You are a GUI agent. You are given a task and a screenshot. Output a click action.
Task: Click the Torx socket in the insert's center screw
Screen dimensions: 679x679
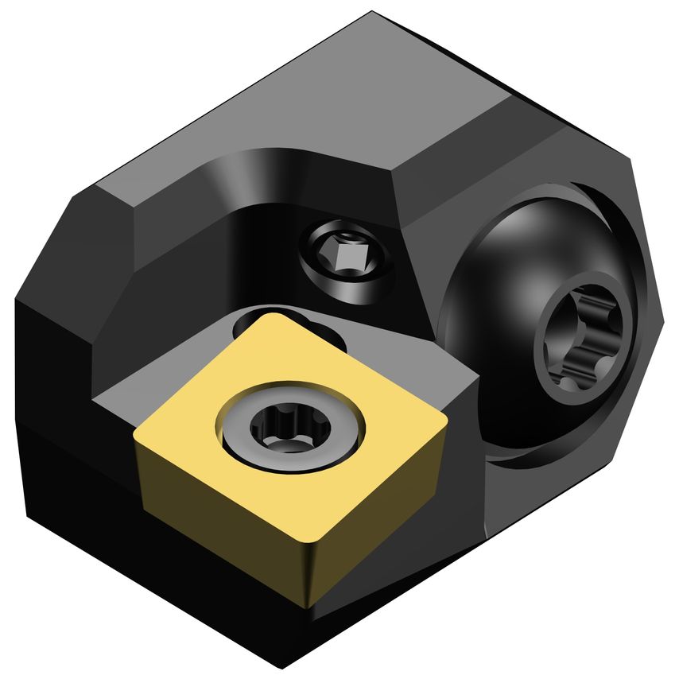pos(276,429)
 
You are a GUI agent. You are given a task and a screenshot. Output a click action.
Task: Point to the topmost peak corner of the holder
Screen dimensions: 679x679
pos(372,13)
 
